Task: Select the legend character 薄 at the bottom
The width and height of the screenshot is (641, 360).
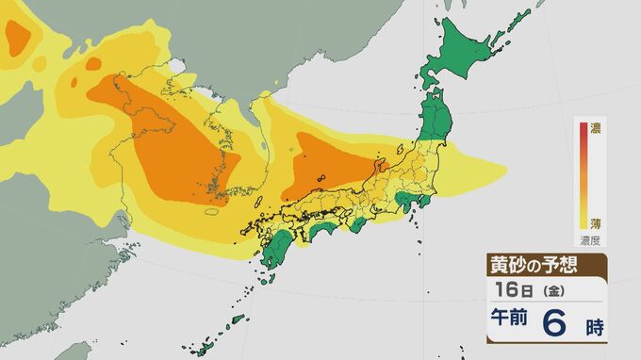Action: click(595, 222)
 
